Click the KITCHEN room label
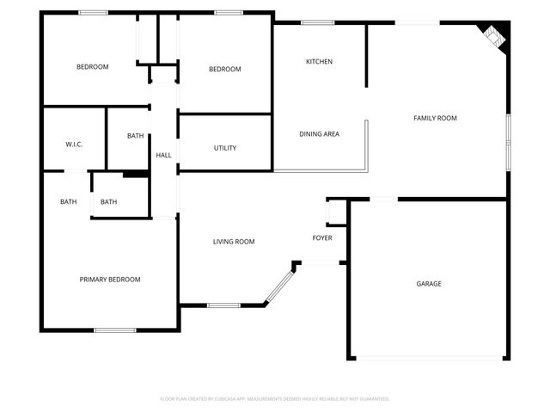pyautogui.click(x=320, y=62)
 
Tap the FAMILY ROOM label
pyautogui.click(x=435, y=118)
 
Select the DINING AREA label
pyautogui.click(x=319, y=134)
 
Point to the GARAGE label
pyautogui.click(x=429, y=284)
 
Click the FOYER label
pyautogui.click(x=322, y=238)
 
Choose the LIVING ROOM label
pyautogui.click(x=234, y=242)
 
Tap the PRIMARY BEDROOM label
pyautogui.click(x=110, y=280)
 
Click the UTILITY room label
pyautogui.click(x=225, y=148)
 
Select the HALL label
pyautogui.click(x=163, y=156)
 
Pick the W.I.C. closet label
pyautogui.click(x=74, y=145)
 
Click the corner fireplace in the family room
pyautogui.click(x=495, y=36)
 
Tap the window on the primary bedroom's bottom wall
pyautogui.click(x=114, y=330)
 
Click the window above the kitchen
pyautogui.click(x=317, y=22)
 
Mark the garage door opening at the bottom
pyautogui.click(x=429, y=359)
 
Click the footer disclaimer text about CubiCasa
pyautogui.click(x=275, y=399)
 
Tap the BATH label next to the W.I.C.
pyautogui.click(x=136, y=136)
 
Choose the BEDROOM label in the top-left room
pyautogui.click(x=92, y=67)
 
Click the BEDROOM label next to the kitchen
pyautogui.click(x=225, y=70)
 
